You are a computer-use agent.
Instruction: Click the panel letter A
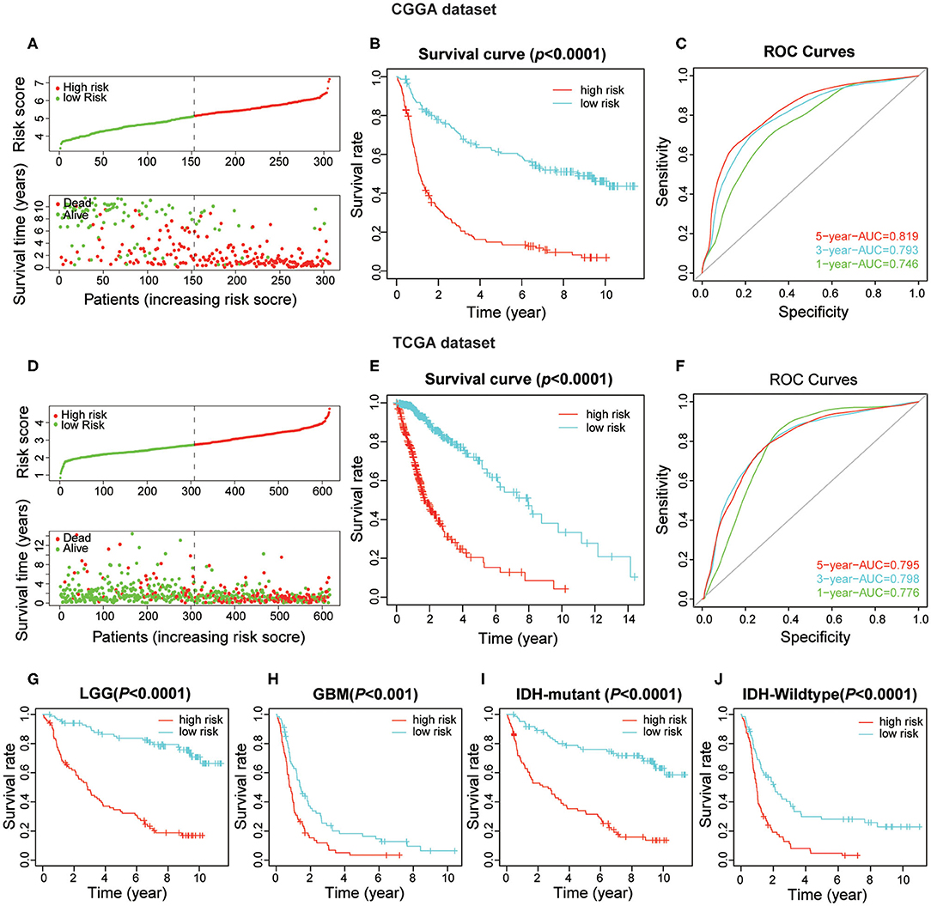point(9,37)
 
